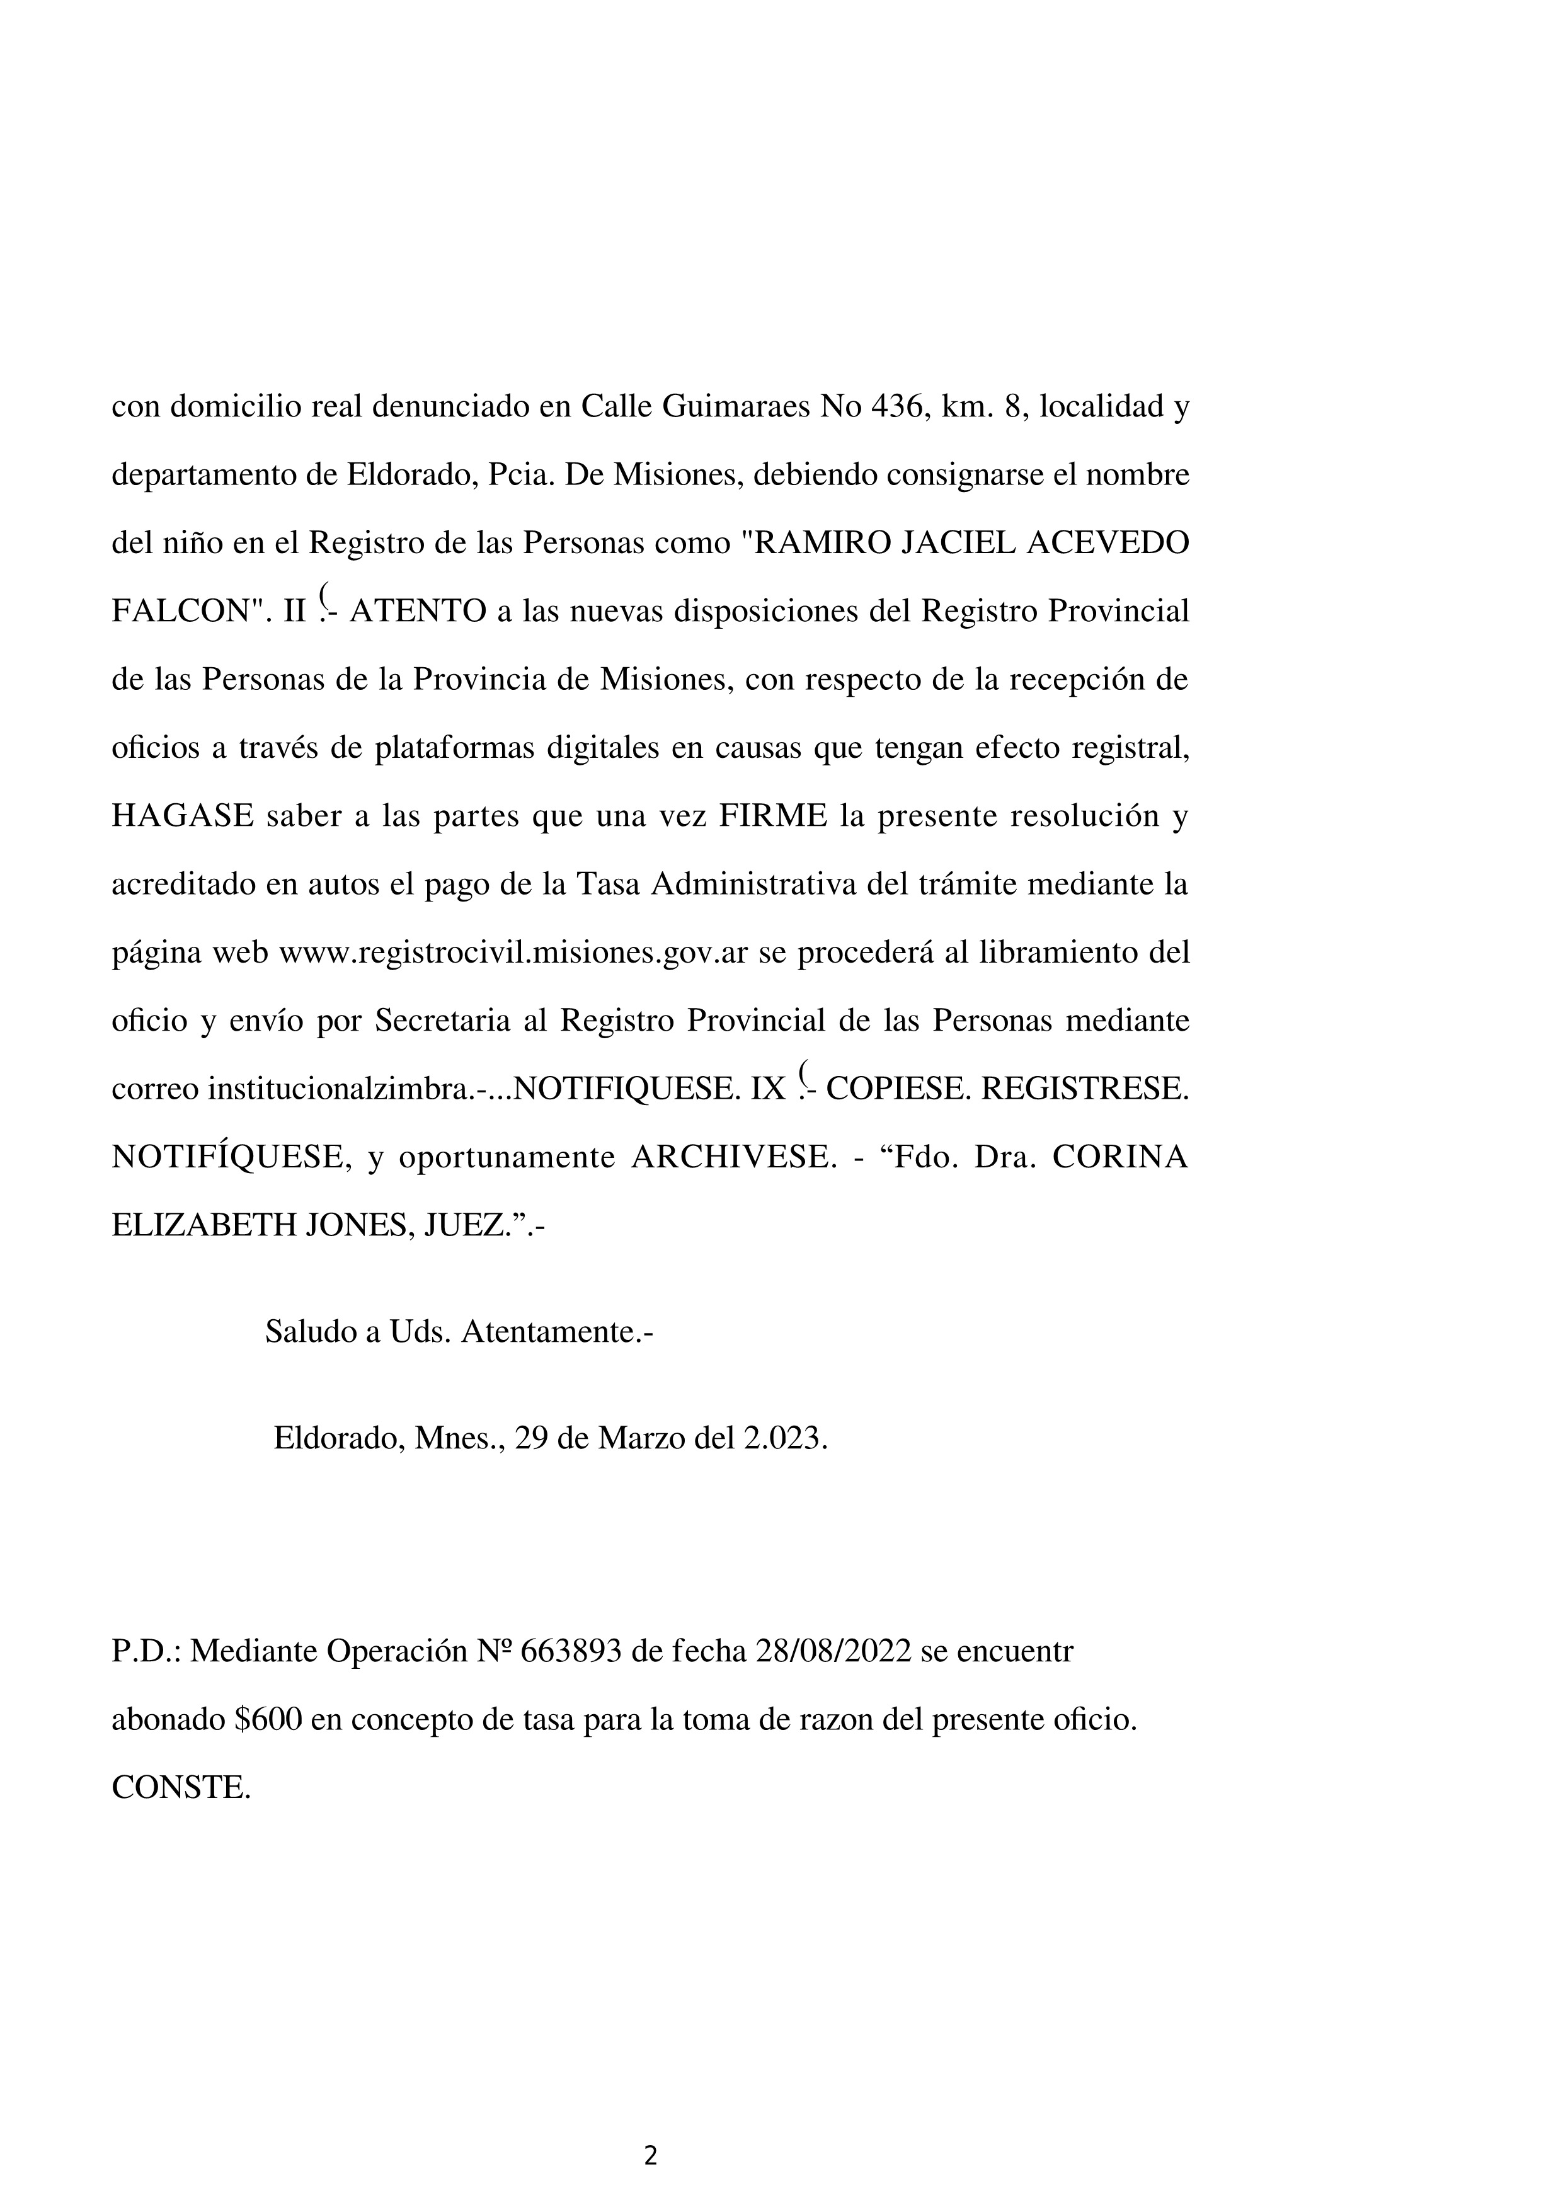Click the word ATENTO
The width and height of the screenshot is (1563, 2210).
(x=418, y=612)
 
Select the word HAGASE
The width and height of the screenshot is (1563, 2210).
(x=183, y=816)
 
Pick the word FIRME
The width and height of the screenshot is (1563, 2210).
(x=773, y=816)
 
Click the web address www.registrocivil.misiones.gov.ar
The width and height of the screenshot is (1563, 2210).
(x=513, y=953)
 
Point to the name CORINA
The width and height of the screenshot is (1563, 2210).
(x=1119, y=1157)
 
